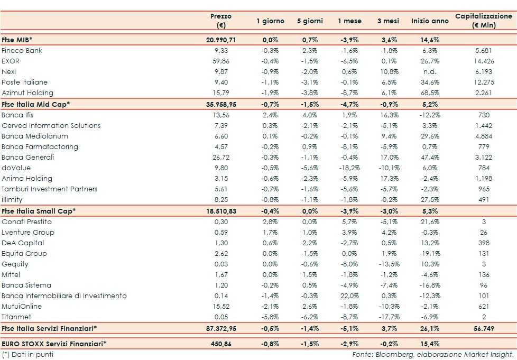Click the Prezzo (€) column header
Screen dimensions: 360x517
coord(221,21)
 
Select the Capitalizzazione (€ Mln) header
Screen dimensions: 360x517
coord(483,21)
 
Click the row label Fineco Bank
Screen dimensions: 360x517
coord(22,51)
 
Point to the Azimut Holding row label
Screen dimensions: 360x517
coord(28,93)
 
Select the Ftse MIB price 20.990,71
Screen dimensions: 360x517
coord(221,40)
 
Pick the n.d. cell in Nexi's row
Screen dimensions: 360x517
coord(430,72)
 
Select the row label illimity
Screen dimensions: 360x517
coord(12,200)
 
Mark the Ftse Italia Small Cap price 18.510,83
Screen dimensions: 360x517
coord(221,211)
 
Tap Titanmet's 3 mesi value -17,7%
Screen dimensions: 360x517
coord(390,317)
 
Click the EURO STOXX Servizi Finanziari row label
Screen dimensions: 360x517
coord(54,344)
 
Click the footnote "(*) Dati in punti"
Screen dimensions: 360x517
coord(27,354)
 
